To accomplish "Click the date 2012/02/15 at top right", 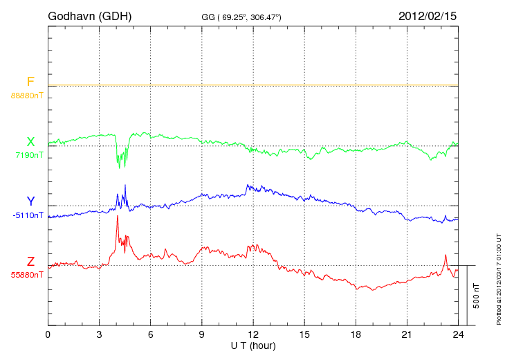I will point(428,15).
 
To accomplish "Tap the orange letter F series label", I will point(30,82).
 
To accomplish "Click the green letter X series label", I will point(30,142).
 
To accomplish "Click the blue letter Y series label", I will point(30,201).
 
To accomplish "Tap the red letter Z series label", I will point(30,261).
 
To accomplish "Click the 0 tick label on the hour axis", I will point(48,334).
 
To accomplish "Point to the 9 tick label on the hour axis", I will point(202,334).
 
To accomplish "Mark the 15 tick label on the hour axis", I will point(304,334).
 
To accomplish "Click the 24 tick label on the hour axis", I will point(458,334).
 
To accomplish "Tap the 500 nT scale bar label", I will point(476,296).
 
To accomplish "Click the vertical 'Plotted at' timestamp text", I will point(499,277).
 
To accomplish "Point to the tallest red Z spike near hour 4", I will point(118,217).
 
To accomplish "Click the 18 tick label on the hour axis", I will point(356,334).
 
